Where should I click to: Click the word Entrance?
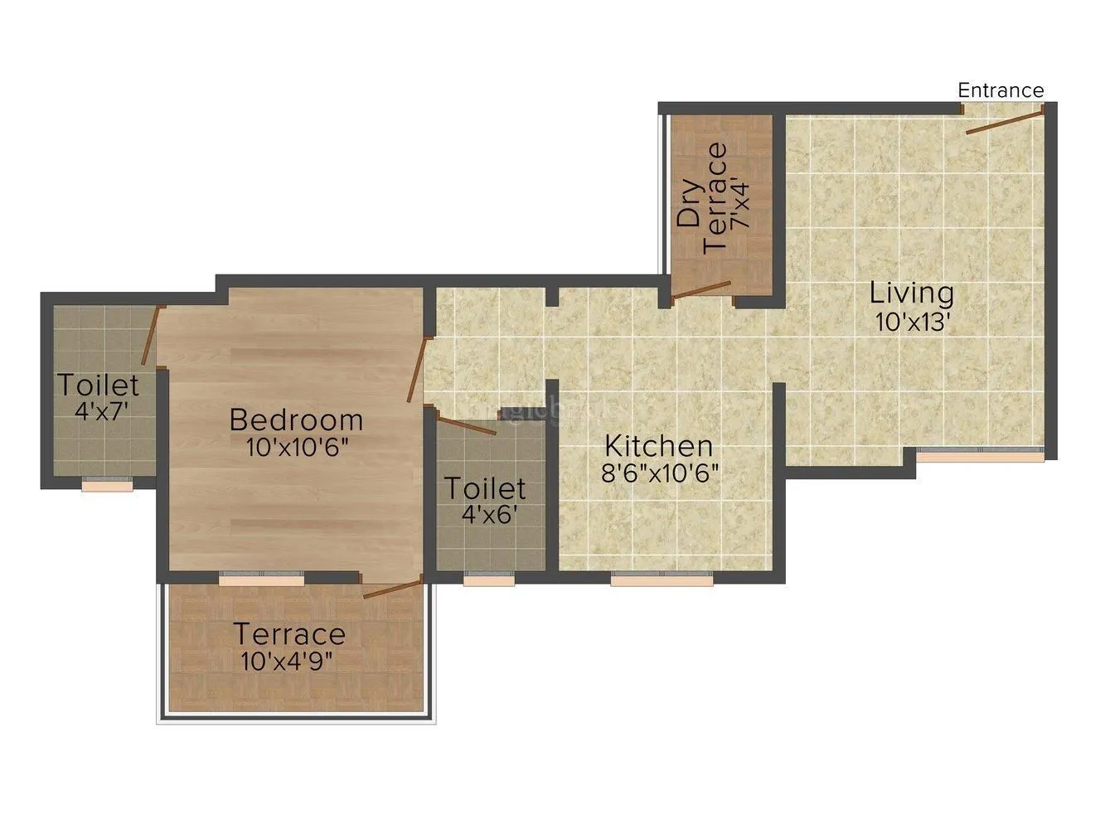coord(1001,90)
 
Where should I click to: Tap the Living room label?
coord(911,293)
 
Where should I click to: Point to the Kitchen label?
coord(658,446)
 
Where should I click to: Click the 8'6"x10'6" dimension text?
coord(661,473)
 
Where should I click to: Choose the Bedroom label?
coord(296,419)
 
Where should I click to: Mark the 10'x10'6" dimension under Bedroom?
coord(296,447)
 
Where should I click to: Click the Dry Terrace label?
coord(702,197)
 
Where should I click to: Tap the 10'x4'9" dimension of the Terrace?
coord(289,662)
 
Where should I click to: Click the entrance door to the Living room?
coord(1005,119)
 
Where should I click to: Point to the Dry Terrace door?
coord(701,289)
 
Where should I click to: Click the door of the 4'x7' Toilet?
coord(150,335)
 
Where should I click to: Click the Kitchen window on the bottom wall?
coord(662,580)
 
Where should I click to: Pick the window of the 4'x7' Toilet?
coord(107,487)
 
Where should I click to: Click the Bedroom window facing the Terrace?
coord(261,579)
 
